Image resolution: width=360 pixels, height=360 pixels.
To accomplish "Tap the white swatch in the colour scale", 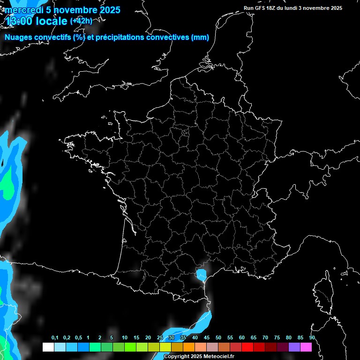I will [48, 347].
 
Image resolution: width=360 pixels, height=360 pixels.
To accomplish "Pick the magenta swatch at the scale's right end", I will [306, 347].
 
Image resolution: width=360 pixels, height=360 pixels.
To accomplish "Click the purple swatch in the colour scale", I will [294, 347].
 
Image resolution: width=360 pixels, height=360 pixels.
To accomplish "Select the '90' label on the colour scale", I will [312, 338].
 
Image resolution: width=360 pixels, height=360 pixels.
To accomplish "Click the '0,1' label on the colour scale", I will [55, 338].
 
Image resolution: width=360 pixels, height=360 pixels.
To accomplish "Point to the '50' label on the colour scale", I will [218, 338].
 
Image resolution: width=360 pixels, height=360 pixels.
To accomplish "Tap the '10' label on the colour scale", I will [125, 338].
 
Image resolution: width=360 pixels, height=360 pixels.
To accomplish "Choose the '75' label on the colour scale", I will [277, 338].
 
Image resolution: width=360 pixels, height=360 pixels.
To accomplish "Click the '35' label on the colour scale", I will [183, 338].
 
